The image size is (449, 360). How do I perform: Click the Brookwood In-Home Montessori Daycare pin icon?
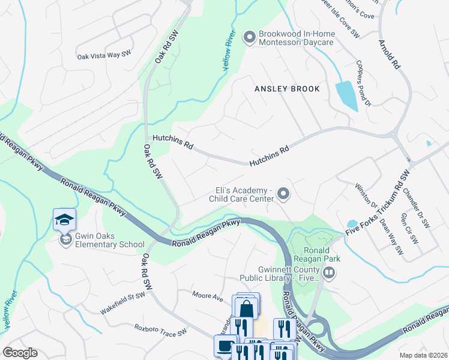click(x=249, y=38)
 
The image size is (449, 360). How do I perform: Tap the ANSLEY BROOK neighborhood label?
click(x=287, y=89)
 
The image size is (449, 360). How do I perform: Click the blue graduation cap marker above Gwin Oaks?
click(x=64, y=220)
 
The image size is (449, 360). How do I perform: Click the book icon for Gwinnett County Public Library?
click(x=328, y=274)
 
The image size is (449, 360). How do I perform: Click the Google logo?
click(x=20, y=353)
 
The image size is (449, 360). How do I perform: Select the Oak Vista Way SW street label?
click(x=104, y=56)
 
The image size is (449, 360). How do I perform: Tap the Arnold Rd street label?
click(x=388, y=54)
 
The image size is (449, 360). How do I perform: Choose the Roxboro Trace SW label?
click(x=161, y=329)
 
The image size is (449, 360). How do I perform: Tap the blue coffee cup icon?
click(x=225, y=346)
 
